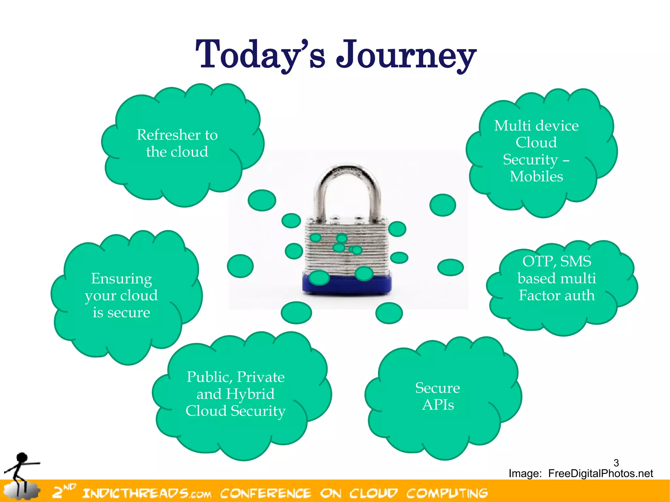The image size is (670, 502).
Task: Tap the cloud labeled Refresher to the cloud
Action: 177,143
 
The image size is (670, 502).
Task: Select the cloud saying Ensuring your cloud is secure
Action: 121,295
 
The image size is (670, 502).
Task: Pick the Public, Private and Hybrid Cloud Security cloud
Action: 236,394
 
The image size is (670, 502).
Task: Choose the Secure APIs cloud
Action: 438,396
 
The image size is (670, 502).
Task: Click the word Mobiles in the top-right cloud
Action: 537,177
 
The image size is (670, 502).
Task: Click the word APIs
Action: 438,405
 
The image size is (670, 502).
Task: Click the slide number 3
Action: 616,463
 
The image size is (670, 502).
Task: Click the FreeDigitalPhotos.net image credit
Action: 600,474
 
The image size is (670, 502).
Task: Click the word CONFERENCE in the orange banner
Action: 266,493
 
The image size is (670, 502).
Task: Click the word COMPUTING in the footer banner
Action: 447,493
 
